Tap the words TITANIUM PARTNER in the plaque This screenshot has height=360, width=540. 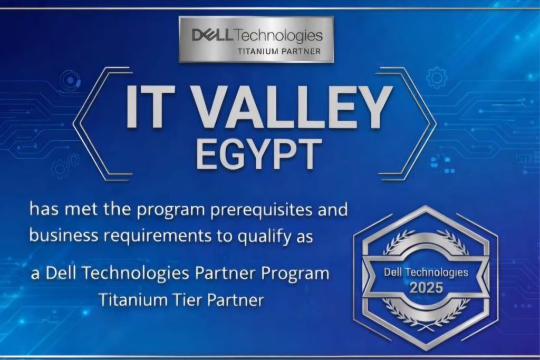[x=279, y=51]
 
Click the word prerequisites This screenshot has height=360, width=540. [x=269, y=210]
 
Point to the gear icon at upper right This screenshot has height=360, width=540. [x=436, y=78]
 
